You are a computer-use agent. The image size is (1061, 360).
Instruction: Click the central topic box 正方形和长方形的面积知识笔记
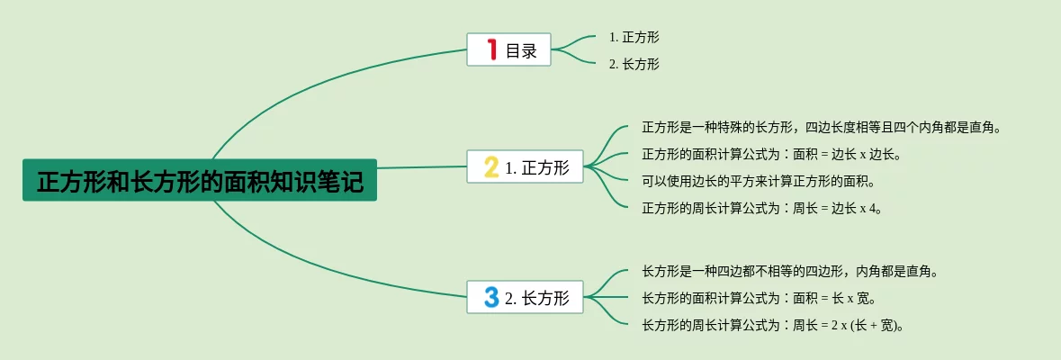(200, 181)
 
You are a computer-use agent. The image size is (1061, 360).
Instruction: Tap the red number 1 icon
(491, 49)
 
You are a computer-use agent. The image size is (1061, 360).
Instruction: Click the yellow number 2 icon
(490, 166)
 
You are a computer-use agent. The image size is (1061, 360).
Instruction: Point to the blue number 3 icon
(490, 297)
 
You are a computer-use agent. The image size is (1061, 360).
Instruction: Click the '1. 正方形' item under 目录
(634, 37)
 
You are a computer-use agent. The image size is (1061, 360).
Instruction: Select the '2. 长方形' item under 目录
(634, 64)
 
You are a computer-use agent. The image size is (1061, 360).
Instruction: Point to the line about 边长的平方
(758, 181)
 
